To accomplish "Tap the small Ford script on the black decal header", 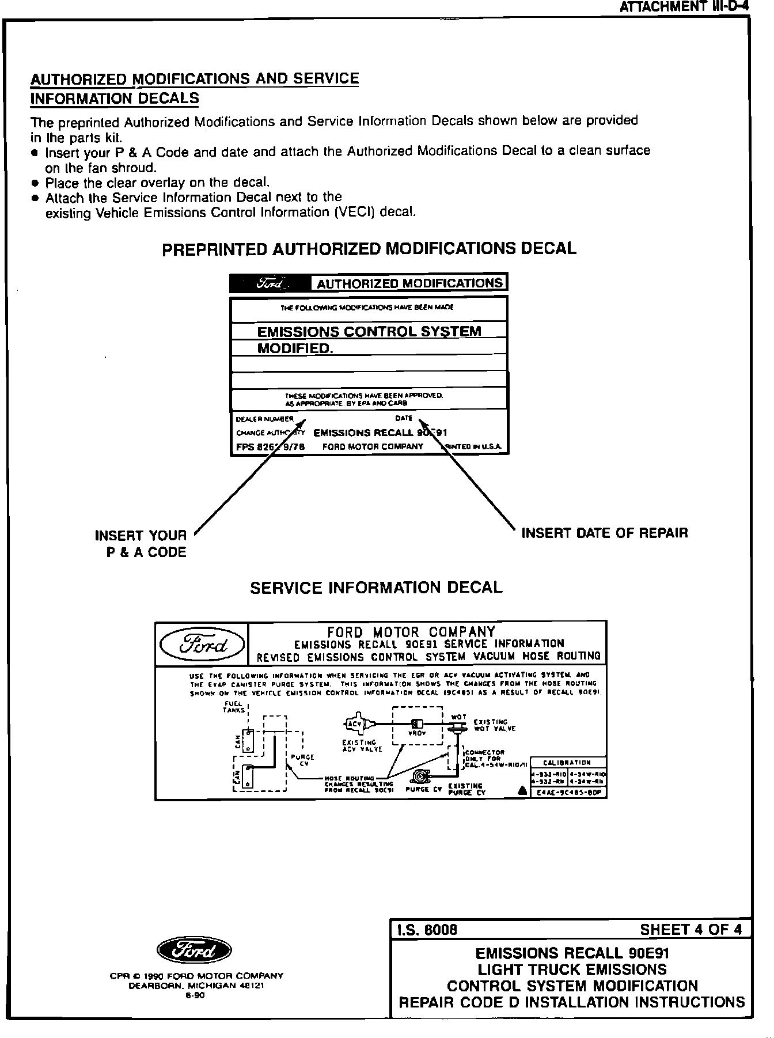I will click(271, 283).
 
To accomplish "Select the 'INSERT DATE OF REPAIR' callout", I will click(604, 533).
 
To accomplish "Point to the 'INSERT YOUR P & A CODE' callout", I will click(141, 544).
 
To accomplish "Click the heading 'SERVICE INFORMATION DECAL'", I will click(376, 588).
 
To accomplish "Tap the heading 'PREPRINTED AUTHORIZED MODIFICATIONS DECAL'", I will click(369, 249).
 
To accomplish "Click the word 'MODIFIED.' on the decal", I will click(295, 348).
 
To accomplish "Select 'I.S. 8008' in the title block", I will click(427, 930).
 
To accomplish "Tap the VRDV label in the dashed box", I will click(417, 733).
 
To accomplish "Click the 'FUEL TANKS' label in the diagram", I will click(234, 707).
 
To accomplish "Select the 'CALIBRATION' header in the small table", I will click(567, 763).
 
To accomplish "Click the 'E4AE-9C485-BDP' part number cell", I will click(568, 793).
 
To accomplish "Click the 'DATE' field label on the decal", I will click(404, 418).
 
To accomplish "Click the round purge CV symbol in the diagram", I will click(420, 775).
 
